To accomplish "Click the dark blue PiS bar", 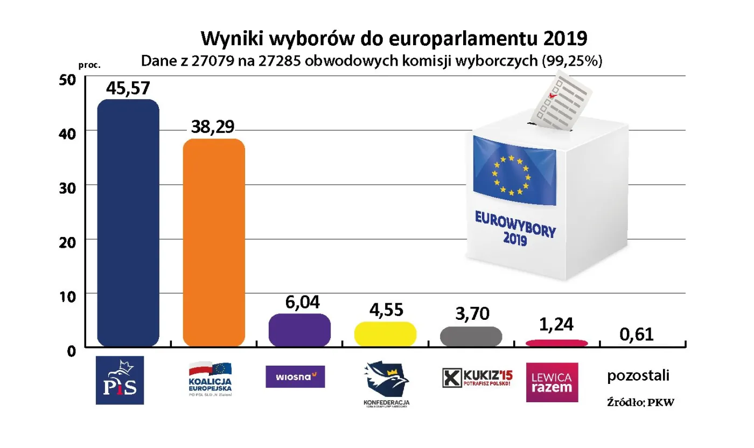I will point(128,223).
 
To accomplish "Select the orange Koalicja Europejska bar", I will point(214,242).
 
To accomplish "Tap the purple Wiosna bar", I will point(299,330).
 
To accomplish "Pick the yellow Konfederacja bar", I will point(385,334).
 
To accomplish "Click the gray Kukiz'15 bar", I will point(471,336).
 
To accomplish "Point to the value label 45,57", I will point(128,88).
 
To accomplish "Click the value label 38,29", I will point(214,127).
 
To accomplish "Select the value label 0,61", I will point(636,334).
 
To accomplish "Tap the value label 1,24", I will point(556,325).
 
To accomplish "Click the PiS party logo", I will point(120,380).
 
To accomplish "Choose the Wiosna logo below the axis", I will point(295,376).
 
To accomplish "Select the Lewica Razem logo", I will point(552,382).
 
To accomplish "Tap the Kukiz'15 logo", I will point(477,377).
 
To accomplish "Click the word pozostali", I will point(638,375).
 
